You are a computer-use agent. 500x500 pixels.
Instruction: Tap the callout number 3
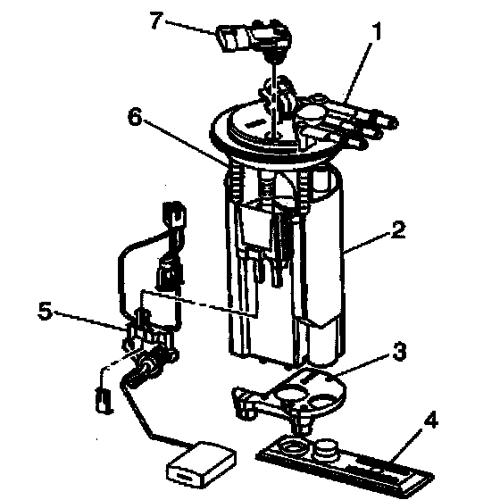pyautogui.click(x=399, y=352)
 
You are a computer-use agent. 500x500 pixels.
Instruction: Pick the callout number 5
pyautogui.click(x=45, y=311)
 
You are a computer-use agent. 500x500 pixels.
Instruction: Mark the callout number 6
pyautogui.click(x=135, y=116)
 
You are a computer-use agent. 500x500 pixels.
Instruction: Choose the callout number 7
pyautogui.click(x=157, y=20)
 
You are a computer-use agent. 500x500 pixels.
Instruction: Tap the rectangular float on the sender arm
pyautogui.click(x=202, y=462)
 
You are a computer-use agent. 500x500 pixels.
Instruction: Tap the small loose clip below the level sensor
pyautogui.click(x=104, y=399)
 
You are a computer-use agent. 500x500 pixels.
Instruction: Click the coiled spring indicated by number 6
pyautogui.click(x=235, y=182)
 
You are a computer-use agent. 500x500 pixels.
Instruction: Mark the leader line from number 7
pyautogui.click(x=190, y=27)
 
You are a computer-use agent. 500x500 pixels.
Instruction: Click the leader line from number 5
pyautogui.click(x=90, y=320)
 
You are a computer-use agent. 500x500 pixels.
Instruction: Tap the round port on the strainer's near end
pyautogui.click(x=291, y=447)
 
